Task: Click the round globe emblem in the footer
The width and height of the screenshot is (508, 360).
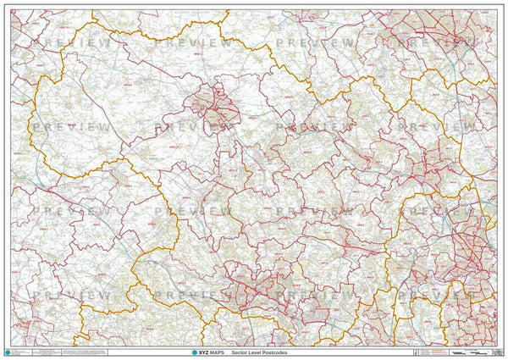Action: (9, 350)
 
